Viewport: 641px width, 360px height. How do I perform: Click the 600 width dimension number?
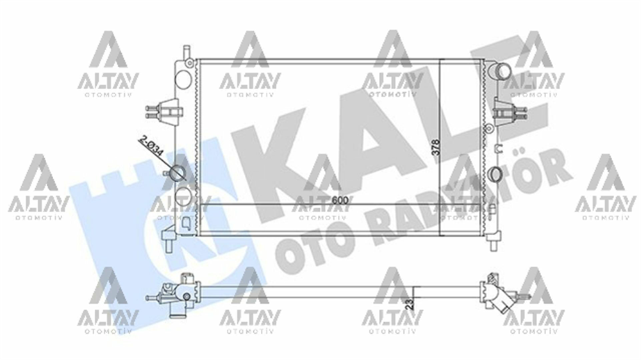tap(340, 200)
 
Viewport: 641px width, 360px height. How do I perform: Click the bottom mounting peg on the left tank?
tap(169, 242)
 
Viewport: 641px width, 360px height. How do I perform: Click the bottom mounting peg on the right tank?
tap(492, 244)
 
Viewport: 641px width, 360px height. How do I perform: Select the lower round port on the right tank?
tap(495, 174)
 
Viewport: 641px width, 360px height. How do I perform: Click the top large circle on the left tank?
tap(183, 77)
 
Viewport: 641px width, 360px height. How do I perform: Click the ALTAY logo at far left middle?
tap(38, 186)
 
